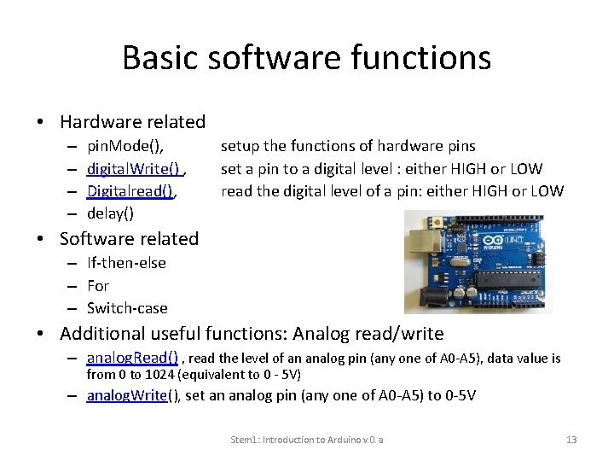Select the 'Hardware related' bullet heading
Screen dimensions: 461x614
coord(132,122)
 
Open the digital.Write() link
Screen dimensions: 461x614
coord(133,168)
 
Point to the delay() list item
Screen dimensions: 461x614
coord(111,213)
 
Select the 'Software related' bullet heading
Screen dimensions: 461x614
coord(129,238)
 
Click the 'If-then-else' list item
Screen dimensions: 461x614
coord(126,263)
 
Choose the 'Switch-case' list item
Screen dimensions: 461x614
coord(127,308)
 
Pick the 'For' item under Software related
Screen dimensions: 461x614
coord(98,286)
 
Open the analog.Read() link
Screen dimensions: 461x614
coord(132,359)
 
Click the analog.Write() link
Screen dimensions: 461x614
coord(127,395)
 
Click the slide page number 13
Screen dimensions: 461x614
coord(571,440)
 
